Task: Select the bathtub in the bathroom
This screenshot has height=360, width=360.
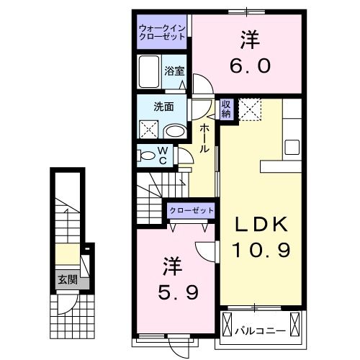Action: (149, 74)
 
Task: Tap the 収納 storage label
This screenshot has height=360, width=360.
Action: (225, 109)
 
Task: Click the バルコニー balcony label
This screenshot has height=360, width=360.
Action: (261, 330)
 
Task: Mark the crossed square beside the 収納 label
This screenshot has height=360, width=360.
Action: (252, 109)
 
